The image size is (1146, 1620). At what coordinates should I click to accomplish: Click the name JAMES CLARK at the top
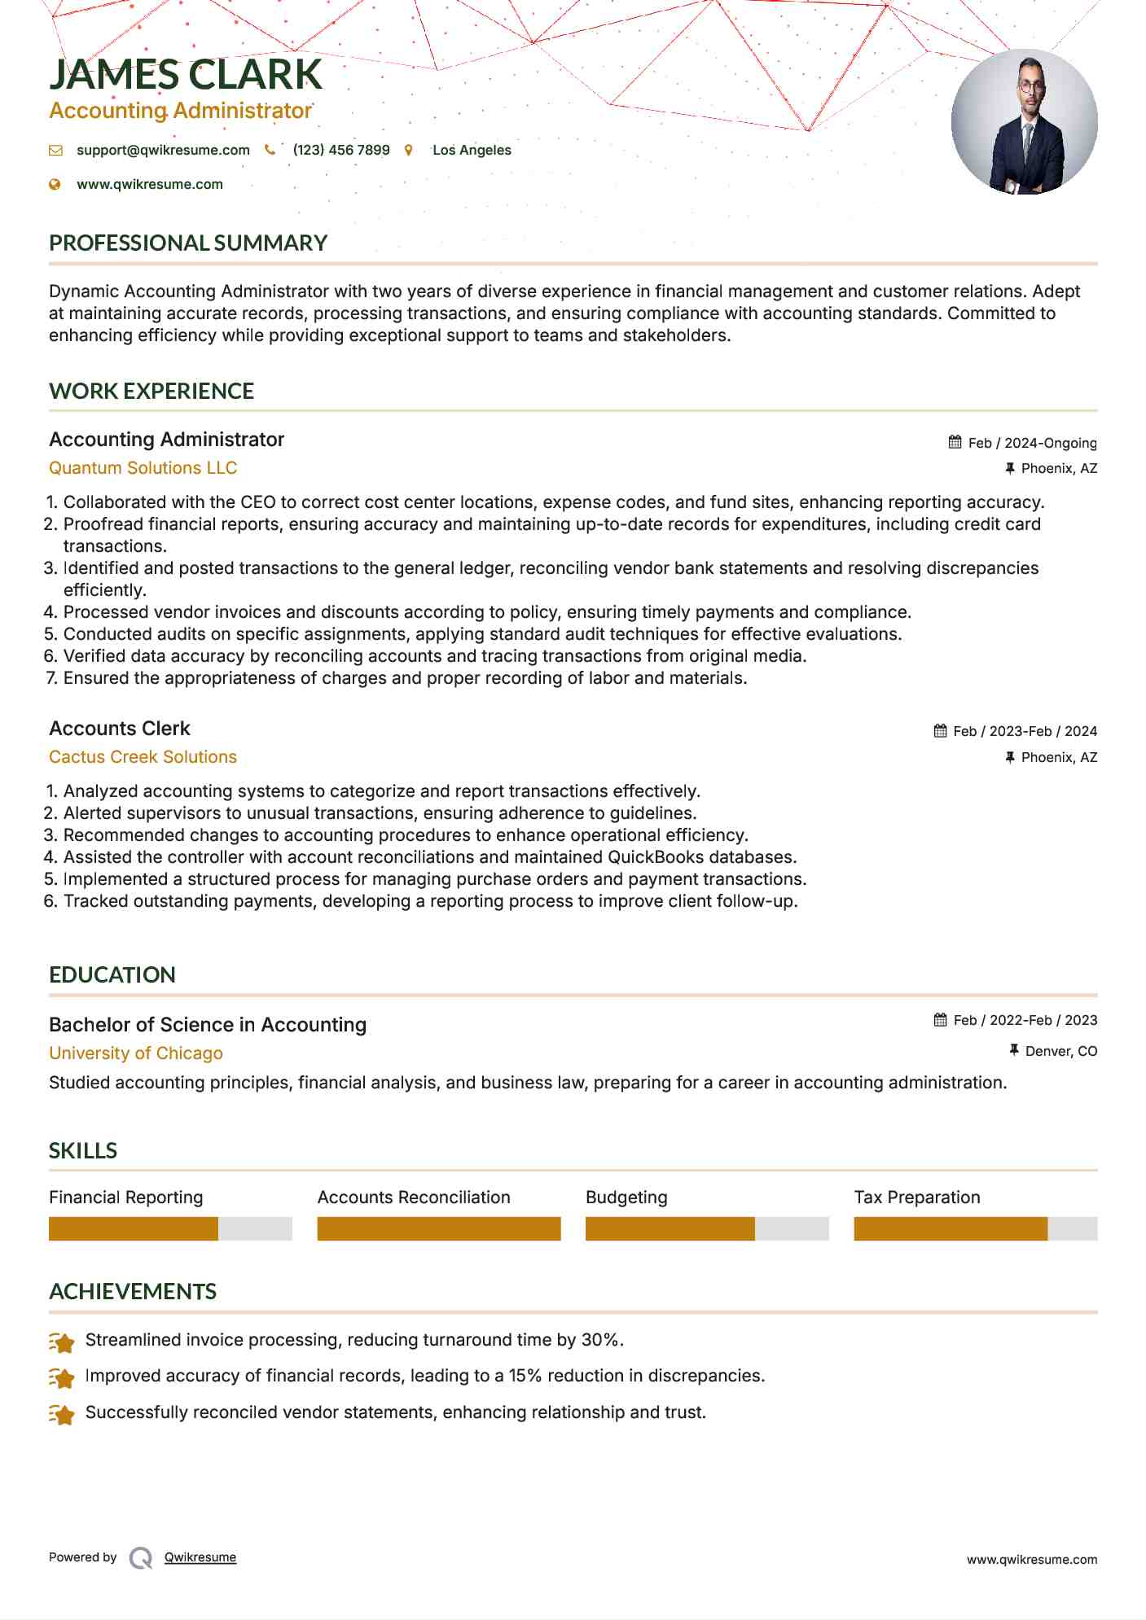click(x=186, y=74)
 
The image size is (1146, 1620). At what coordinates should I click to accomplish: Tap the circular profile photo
click(x=1024, y=122)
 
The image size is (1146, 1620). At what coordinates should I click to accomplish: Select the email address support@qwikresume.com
click(x=163, y=150)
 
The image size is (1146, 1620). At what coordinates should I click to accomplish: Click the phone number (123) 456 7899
click(x=341, y=150)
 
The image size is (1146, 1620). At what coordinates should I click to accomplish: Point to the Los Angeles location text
click(x=472, y=150)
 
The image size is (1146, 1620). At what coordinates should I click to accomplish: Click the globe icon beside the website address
click(x=55, y=184)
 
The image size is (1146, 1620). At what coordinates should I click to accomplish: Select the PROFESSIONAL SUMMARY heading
click(x=188, y=243)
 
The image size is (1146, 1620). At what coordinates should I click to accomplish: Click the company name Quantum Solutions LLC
click(x=143, y=468)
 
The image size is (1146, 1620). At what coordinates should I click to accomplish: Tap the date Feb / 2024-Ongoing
click(x=1032, y=443)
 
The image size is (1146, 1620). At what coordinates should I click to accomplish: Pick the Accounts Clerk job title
click(x=120, y=729)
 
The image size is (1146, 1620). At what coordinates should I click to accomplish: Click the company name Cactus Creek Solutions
click(x=143, y=757)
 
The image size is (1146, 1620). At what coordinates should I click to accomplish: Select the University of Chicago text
click(x=136, y=1053)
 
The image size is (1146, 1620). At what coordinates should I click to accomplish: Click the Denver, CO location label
click(x=1060, y=1051)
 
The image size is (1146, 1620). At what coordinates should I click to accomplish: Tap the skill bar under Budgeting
click(x=706, y=1228)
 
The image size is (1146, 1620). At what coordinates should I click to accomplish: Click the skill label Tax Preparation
click(x=917, y=1197)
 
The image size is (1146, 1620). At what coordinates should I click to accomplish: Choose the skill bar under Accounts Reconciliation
click(x=439, y=1228)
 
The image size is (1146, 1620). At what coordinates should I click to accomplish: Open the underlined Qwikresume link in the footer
click(x=200, y=1557)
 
